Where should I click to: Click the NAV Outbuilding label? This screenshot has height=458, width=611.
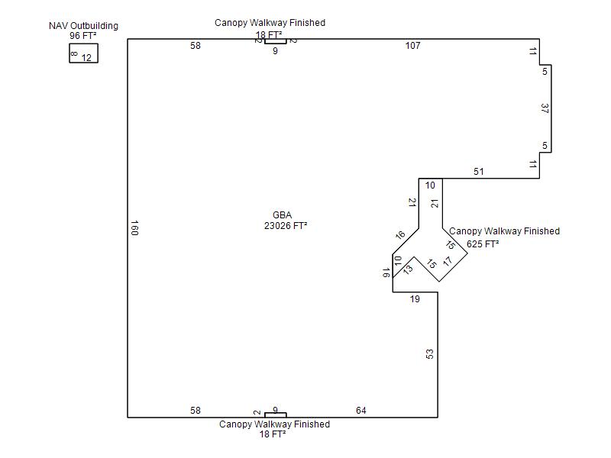(83, 26)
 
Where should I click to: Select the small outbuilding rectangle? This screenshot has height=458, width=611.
(83, 53)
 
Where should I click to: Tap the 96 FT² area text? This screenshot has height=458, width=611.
(83, 36)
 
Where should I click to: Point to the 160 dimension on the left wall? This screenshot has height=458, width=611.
(134, 227)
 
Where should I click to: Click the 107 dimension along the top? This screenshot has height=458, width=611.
(412, 46)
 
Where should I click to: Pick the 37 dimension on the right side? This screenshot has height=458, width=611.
(545, 108)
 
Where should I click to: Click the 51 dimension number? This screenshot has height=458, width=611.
(478, 172)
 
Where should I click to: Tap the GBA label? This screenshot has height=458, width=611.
(282, 215)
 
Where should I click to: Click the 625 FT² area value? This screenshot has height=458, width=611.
(483, 244)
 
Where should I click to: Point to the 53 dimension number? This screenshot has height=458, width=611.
(430, 354)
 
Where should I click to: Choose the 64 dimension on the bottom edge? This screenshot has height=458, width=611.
(361, 411)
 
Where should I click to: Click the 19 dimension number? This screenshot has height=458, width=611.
(415, 299)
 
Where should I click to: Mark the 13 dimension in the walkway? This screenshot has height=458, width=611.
(408, 269)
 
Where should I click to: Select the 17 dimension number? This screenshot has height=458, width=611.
(448, 261)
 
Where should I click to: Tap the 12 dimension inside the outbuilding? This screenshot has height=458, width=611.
(86, 57)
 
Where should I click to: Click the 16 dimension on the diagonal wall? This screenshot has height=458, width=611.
(400, 235)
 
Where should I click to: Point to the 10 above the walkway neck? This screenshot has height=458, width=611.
(430, 185)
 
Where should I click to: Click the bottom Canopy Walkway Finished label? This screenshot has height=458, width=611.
(274, 424)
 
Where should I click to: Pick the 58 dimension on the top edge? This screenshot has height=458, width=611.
(196, 46)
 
